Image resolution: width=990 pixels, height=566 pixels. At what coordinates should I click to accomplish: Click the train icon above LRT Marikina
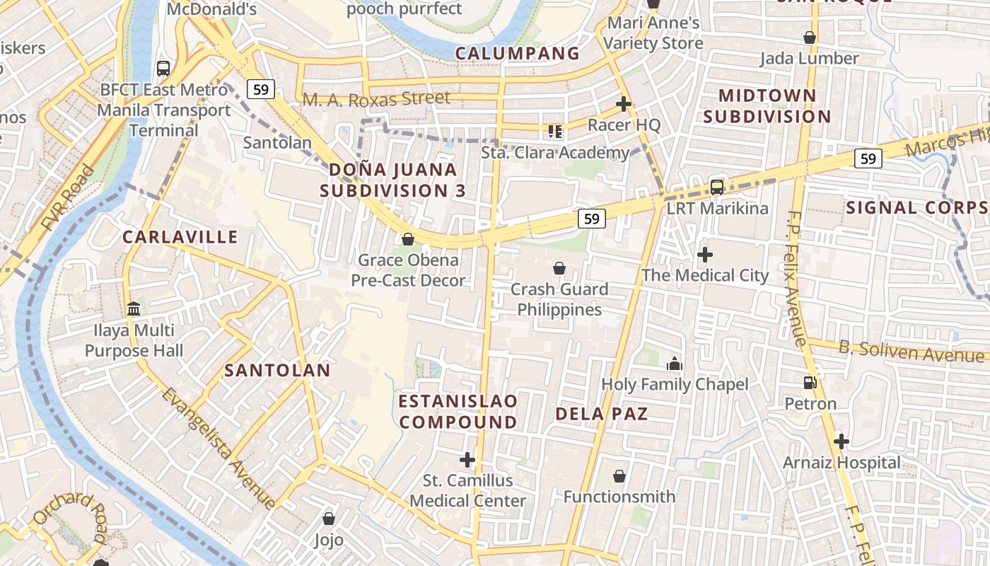[717, 187]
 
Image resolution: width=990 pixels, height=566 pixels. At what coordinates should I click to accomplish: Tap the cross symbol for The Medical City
[704, 255]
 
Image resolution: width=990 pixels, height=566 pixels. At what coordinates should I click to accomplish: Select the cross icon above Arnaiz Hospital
[841, 442]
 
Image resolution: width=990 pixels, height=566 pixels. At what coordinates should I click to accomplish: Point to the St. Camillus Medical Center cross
[467, 460]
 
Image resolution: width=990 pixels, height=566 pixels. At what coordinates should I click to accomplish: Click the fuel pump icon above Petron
[810, 383]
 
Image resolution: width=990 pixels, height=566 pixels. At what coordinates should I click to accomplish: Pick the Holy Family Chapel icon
[675, 364]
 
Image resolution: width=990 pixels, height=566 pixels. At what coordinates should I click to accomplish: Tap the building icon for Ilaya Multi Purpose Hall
[133, 309]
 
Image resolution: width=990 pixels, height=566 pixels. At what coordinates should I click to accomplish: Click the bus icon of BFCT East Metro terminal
[163, 69]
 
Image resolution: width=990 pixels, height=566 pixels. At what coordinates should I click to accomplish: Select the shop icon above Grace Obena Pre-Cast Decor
[408, 239]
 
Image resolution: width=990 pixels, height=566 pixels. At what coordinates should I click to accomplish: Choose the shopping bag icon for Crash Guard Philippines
[559, 268]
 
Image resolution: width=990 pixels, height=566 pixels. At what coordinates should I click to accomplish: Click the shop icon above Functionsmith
[619, 476]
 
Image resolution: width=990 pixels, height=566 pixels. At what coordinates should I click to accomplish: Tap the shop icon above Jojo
[328, 519]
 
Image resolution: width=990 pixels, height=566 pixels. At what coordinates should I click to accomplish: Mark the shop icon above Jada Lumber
[810, 37]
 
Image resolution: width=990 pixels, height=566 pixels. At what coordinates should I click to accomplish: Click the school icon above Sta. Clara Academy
[555, 131]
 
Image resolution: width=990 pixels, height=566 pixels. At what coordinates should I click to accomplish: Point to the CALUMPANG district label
[517, 53]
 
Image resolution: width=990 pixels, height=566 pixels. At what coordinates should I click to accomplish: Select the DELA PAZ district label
[602, 414]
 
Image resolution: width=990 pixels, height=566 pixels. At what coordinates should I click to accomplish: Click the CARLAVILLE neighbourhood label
[180, 236]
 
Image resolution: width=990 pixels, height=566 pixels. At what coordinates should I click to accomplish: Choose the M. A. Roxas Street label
[376, 99]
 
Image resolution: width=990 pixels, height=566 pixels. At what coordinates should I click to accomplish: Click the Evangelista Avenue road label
[218, 447]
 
